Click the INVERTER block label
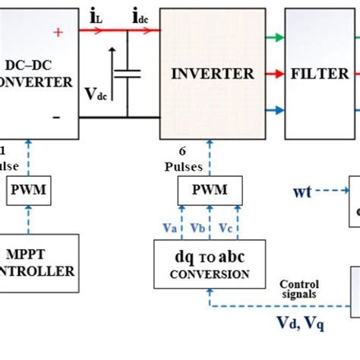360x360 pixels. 213,74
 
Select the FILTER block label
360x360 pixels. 320,74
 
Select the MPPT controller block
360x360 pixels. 38,261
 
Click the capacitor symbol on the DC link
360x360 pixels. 131,74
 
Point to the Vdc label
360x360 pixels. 96,94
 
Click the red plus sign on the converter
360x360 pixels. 58,31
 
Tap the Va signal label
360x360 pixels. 172,228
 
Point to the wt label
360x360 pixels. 303,191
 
